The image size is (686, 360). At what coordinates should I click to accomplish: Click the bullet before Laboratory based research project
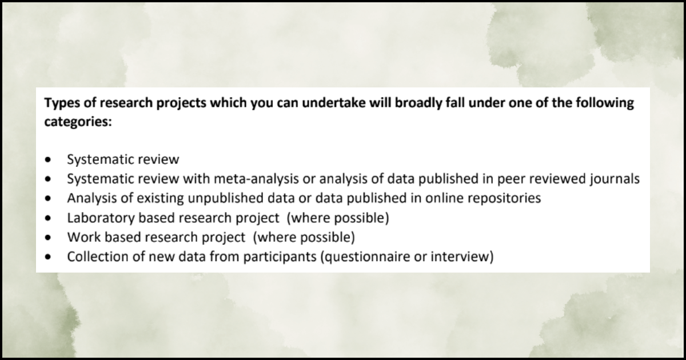pyautogui.click(x=50, y=218)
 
